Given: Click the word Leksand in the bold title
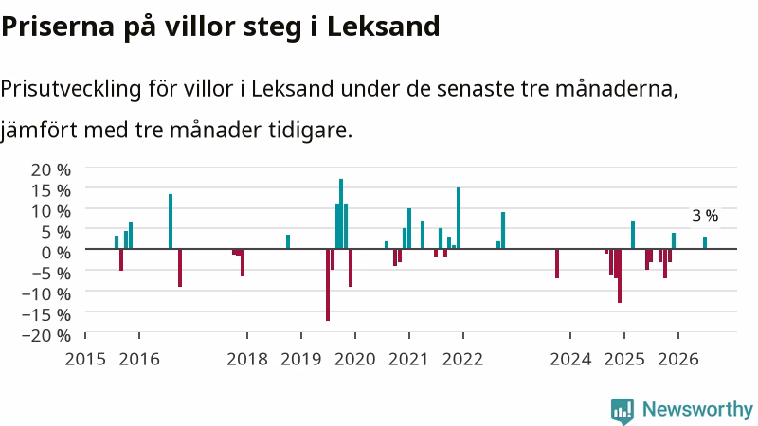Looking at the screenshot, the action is pyautogui.click(x=384, y=27).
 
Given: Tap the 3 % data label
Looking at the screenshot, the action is pyautogui.click(x=705, y=216).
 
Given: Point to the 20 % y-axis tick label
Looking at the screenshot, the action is pyautogui.click(x=51, y=169).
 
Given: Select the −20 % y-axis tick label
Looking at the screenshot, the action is pyautogui.click(x=46, y=335).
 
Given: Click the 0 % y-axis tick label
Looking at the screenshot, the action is pyautogui.click(x=56, y=252).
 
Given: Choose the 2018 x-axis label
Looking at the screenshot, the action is pyautogui.click(x=247, y=359).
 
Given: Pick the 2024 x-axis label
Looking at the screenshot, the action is pyautogui.click(x=570, y=359).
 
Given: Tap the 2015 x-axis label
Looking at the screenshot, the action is pyautogui.click(x=85, y=359).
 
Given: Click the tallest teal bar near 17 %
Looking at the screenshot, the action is pyautogui.click(x=341, y=214).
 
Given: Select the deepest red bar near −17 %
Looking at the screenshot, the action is pyautogui.click(x=328, y=285).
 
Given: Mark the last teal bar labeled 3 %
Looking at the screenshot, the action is pyautogui.click(x=705, y=243).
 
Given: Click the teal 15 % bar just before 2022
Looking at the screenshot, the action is pyautogui.click(x=459, y=219).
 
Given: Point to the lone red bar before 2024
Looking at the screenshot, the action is pyautogui.click(x=557, y=264).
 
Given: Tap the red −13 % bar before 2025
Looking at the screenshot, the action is pyautogui.click(x=620, y=275).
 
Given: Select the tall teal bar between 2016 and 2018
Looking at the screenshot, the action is pyautogui.click(x=171, y=222).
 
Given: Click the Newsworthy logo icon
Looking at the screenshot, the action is pyautogui.click(x=623, y=411).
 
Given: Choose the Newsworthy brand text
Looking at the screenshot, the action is pyautogui.click(x=697, y=410).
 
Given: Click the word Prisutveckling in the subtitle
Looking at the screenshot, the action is pyautogui.click(x=71, y=89).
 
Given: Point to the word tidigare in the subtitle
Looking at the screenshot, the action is pyautogui.click(x=311, y=131).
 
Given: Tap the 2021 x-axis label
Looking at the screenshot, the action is pyautogui.click(x=409, y=359).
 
